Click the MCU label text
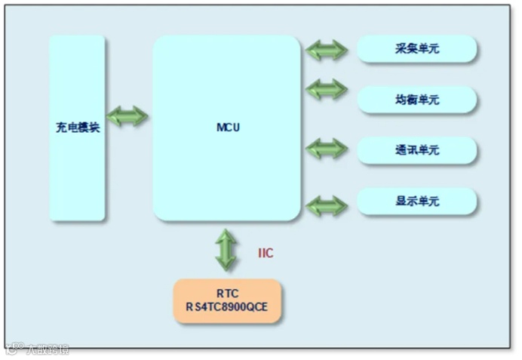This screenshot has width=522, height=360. click(227, 128)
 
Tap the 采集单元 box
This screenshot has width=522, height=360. click(416, 49)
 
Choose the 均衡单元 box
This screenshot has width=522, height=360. click(416, 100)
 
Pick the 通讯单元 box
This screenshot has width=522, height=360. click(416, 150)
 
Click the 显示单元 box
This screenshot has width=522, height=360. click(416, 202)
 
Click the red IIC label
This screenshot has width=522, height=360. click(266, 254)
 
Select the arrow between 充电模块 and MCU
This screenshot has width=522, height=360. click(127, 116)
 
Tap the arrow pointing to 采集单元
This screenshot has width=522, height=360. click(327, 51)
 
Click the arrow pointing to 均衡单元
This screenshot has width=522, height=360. click(327, 89)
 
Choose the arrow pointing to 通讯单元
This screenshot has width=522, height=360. click(327, 149)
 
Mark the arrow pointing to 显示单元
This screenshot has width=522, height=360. click(327, 205)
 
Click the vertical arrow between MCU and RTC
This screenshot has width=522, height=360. click(226, 250)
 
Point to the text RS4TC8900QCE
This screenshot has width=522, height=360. click(227, 308)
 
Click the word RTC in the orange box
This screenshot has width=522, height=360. click(227, 293)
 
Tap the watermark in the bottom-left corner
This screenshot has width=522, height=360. click(38, 349)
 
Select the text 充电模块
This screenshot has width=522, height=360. click(77, 128)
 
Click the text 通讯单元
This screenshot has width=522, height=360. click(417, 150)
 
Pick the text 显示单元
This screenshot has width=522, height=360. click(417, 202)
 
